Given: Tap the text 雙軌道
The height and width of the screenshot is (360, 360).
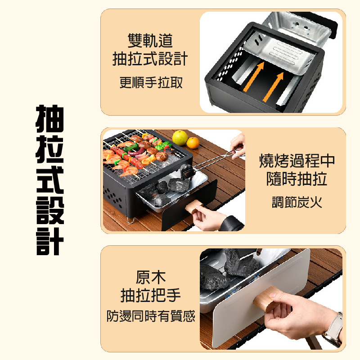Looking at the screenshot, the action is point(150,40).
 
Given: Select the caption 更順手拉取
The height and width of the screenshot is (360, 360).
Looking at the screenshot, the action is point(151,82).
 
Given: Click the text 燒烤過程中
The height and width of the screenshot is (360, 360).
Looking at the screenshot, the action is point(297,161).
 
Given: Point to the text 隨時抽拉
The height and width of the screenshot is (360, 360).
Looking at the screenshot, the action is point(297,179).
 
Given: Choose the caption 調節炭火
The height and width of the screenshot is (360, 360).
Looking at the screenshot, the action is point(297,202).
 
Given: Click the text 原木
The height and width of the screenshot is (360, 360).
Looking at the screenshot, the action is point(151,277).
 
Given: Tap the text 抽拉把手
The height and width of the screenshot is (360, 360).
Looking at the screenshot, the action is point(151,295).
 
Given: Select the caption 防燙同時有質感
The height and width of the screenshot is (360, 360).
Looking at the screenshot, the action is point(151,316).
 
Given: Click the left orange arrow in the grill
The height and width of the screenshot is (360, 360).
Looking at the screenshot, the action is point(254,76).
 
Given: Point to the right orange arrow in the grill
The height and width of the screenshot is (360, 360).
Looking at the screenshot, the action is point(273,87).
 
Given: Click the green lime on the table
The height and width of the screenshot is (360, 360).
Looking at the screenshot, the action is point(180,138).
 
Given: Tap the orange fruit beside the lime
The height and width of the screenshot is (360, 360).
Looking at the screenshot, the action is point(193,143).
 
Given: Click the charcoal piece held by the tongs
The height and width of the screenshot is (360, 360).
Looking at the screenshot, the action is point(187,171).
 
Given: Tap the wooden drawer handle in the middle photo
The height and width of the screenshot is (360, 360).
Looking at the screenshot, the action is point(194,206).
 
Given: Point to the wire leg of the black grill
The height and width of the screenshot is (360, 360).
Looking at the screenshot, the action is point(131,220).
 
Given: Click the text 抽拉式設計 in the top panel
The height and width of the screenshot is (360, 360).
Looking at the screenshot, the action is point(150,59).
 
